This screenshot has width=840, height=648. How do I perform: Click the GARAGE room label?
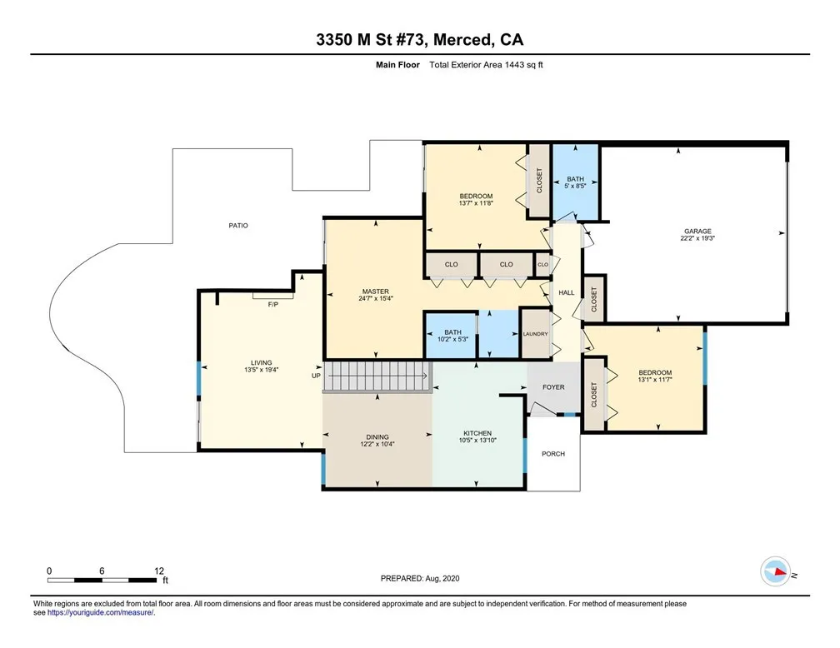click(x=697, y=232)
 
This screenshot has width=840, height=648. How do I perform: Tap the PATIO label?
click(x=238, y=226)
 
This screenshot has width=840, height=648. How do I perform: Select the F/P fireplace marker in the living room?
click(x=273, y=304)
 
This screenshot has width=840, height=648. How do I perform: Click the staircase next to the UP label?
click(x=377, y=376)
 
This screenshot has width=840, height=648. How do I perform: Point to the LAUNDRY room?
click(x=536, y=334)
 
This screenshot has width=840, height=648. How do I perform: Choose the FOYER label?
click(x=553, y=387)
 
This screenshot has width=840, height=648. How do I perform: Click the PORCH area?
click(x=553, y=454)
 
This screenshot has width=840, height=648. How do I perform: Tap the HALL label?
click(x=567, y=292)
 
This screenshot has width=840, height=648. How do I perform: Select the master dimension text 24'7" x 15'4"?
click(x=376, y=299)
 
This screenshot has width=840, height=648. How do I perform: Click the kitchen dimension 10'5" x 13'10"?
click(x=477, y=441)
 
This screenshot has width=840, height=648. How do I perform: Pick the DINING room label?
click(x=377, y=437)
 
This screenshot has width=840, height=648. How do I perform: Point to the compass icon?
click(x=775, y=572)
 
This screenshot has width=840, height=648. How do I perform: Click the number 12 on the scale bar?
click(x=158, y=571)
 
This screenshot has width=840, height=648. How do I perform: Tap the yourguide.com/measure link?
click(x=100, y=613)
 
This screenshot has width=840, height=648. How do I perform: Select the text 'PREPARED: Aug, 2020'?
click(x=420, y=578)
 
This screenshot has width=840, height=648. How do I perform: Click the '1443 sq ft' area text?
click(x=524, y=65)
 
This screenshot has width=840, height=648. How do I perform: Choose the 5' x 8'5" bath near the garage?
click(x=575, y=182)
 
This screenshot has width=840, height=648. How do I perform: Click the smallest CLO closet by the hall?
click(x=542, y=265)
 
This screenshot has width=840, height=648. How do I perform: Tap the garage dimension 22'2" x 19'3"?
click(x=697, y=239)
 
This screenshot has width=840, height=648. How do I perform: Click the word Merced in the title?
click(x=463, y=40)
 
